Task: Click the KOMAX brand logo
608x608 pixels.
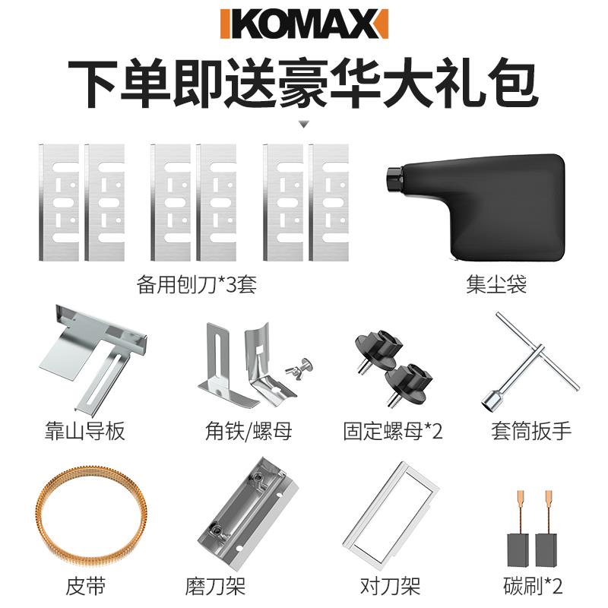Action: point(303,24)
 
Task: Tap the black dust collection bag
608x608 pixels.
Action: point(479,205)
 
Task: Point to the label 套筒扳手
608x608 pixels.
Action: point(530,432)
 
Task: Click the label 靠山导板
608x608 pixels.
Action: point(84,432)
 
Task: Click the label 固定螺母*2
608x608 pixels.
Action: point(393,432)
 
